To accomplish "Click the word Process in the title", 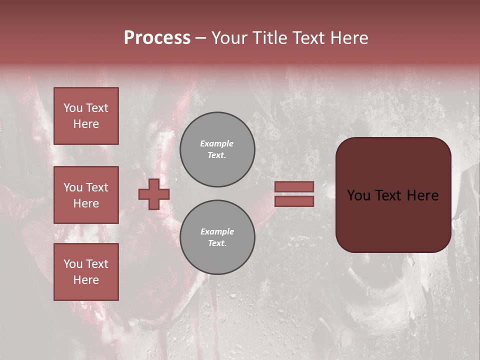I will point(157,38).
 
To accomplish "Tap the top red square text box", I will point(86,116).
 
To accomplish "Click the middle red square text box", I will point(86,195).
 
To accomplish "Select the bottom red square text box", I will point(86,272).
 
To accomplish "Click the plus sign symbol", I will point(154,194).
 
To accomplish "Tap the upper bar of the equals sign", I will point(294,186).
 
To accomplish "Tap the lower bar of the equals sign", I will point(294,201).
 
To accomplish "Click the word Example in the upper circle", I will point(217,143).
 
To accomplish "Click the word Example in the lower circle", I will point(217,231).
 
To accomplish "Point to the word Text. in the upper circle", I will point(217,155).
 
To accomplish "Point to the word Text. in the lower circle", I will point(217,243).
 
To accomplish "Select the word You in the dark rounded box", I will point(359,195).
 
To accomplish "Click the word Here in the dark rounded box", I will point(422,195).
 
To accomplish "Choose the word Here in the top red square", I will point(86,124).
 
